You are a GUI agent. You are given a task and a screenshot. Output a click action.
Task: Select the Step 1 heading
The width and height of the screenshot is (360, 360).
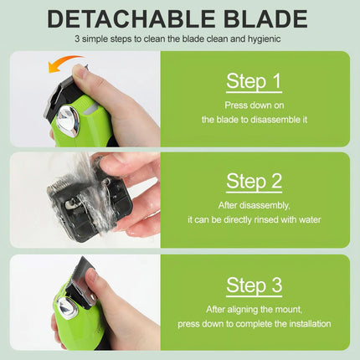tap(255, 80)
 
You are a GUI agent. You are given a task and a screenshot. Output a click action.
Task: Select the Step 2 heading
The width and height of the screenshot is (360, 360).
tap(255, 181)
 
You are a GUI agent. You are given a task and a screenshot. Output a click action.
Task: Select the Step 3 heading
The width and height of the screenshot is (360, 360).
tap(255, 285)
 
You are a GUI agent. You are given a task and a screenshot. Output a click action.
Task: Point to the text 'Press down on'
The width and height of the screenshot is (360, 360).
tap(255, 105)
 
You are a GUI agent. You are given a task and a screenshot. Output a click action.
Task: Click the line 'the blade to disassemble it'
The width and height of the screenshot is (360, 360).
tap(255, 120)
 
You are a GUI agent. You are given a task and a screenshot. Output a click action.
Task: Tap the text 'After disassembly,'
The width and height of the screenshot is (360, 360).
tap(255, 206)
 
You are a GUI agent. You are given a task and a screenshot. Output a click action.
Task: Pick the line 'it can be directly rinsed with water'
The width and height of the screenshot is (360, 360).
tap(255, 220)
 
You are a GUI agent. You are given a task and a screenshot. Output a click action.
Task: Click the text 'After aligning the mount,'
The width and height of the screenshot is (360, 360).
tap(255, 309)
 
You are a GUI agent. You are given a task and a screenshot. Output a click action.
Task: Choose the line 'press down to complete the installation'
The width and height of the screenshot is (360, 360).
tap(255, 323)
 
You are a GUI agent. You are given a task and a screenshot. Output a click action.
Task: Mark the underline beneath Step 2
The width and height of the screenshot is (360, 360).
tap(255, 194)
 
